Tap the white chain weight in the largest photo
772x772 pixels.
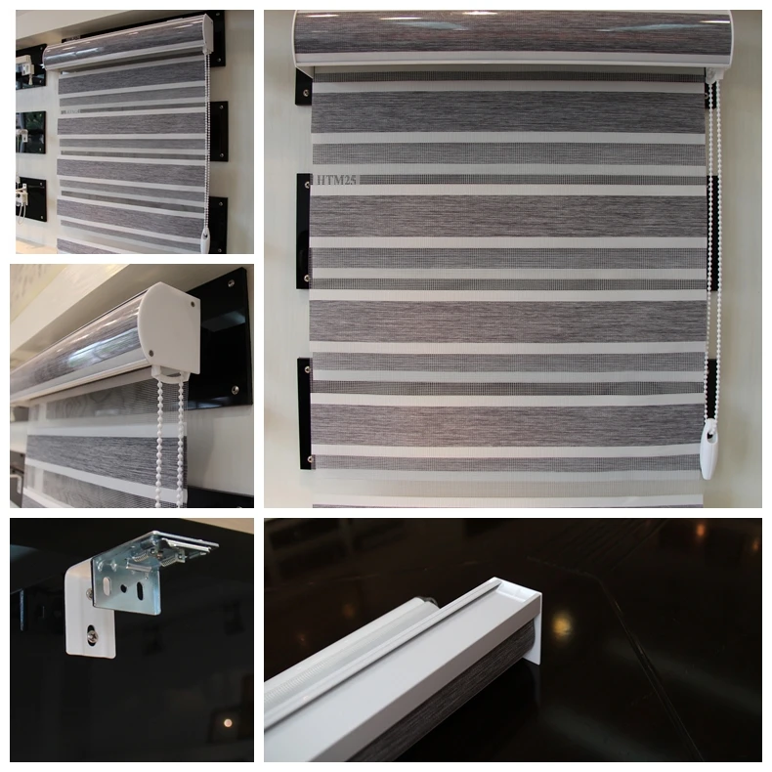[707, 458]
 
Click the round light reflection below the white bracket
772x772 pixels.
[226, 722]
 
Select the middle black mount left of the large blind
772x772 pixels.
[304, 231]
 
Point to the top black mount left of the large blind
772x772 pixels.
[304, 88]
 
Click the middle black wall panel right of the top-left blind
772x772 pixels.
[219, 130]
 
